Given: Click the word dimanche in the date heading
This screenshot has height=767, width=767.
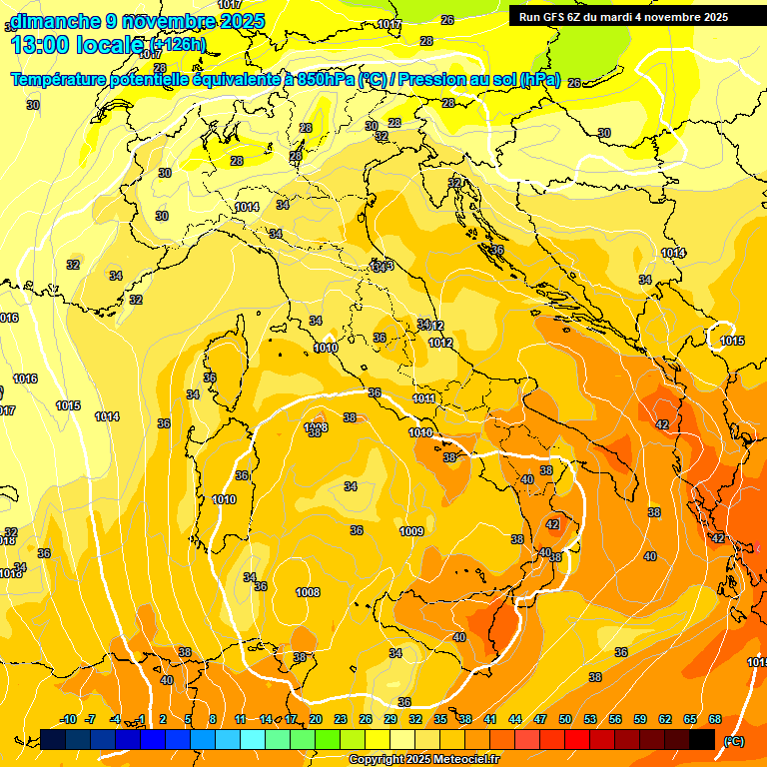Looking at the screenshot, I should pos(55,21).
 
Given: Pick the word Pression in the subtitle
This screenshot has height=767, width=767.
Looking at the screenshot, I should pos(440,80).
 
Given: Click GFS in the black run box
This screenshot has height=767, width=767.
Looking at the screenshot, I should pos(556,17).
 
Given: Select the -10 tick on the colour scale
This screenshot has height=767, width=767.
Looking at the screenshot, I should pos(69,720).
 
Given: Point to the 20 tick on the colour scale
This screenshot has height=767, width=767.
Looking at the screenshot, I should pos(316,720).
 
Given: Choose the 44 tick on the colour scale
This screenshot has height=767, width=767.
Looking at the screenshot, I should pos(515,720).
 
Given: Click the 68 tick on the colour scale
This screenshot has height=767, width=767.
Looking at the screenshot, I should pos(715,720).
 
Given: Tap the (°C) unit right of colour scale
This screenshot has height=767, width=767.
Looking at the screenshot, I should pos(734,740).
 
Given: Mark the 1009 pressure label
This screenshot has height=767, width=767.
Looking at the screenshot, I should pos(411,531).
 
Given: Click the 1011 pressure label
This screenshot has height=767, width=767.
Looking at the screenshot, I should pos(423,399).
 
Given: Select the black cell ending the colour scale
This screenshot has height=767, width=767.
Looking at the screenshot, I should pos(702,739).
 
